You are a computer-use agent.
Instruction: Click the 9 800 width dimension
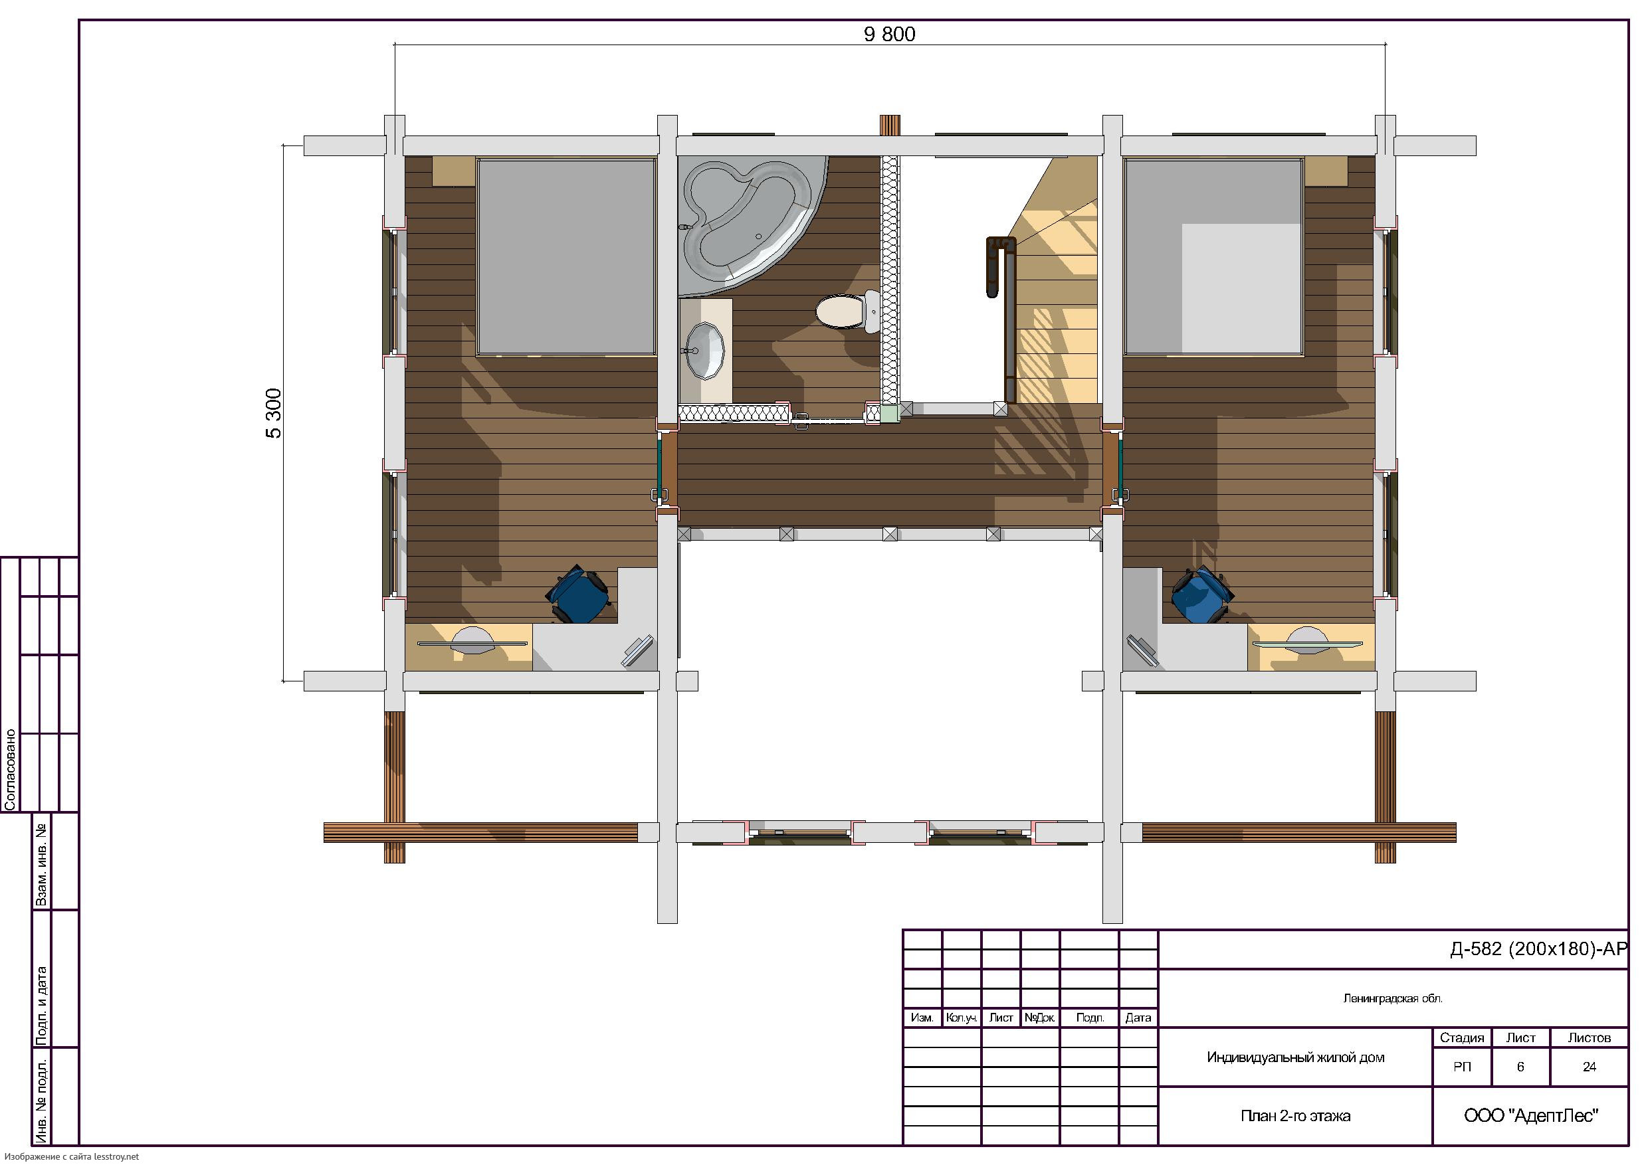pyautogui.click(x=889, y=35)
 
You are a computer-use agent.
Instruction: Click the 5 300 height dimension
pyautogui.click(x=274, y=412)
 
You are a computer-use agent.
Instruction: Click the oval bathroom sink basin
pyautogui.click(x=706, y=349)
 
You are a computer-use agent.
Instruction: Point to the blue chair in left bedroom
pyautogui.click(x=579, y=594)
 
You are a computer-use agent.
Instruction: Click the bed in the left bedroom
pyautogui.click(x=566, y=256)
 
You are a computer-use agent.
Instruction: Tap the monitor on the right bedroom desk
pyautogui.click(x=1142, y=652)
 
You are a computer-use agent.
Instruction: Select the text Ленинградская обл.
pyautogui.click(x=1392, y=998)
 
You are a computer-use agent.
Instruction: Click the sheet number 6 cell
pyautogui.click(x=1520, y=1067)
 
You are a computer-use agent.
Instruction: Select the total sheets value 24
pyautogui.click(x=1589, y=1067)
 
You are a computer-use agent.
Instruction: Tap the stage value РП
pyautogui.click(x=1462, y=1067)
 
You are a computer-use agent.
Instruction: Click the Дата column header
pyautogui.click(x=1138, y=1018)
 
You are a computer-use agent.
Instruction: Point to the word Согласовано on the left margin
pyautogui.click(x=11, y=770)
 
